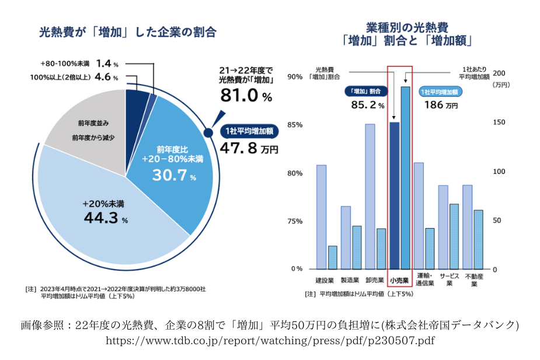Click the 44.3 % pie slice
(105, 216)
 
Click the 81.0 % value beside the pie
(245, 96)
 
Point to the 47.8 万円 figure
(249, 148)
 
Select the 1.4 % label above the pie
(107, 63)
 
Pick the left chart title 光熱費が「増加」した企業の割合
(127, 33)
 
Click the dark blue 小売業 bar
(394, 195)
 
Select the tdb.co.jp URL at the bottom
(270, 340)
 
